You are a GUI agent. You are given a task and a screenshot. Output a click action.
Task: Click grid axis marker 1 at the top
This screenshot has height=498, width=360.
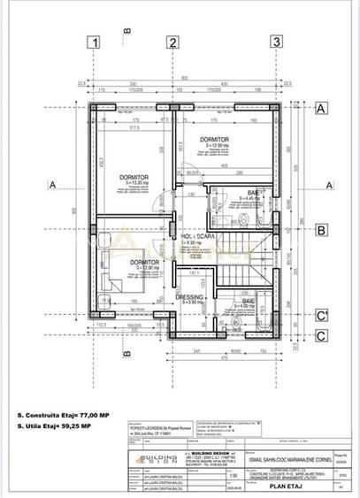(94, 42)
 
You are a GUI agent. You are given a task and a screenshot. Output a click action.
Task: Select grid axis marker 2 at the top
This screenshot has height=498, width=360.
(173, 42)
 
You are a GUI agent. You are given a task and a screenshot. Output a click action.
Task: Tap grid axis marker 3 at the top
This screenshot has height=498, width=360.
(277, 42)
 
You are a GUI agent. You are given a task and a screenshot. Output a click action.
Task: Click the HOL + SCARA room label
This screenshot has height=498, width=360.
(199, 238)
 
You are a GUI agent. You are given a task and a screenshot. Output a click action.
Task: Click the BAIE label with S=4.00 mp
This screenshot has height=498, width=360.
(245, 303)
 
